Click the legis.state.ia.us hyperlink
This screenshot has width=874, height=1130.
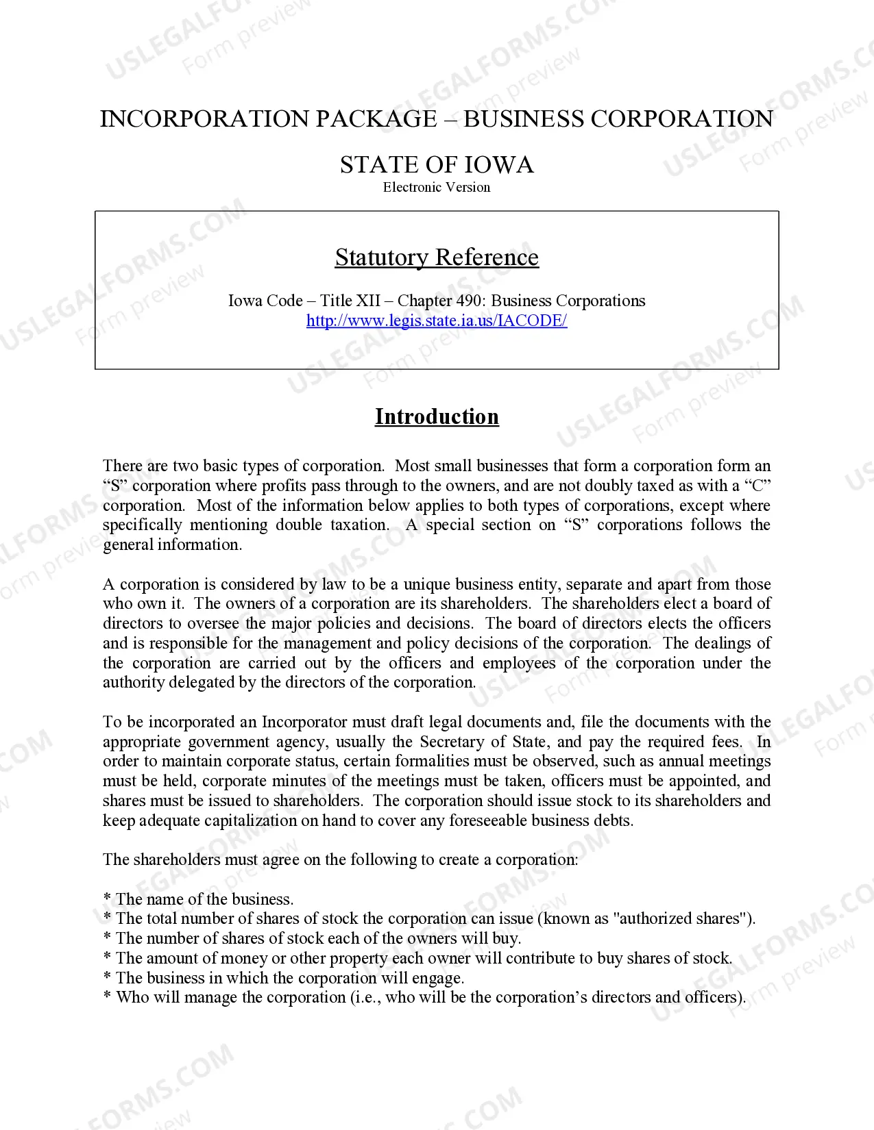point(437,321)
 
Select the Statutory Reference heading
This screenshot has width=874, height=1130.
point(437,258)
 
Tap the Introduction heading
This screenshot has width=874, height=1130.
point(437,416)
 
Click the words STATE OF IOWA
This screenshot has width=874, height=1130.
point(437,165)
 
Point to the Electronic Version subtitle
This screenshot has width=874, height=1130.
point(437,187)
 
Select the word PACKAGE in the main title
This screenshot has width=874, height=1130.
point(376,119)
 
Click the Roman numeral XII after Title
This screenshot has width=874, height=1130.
point(367,301)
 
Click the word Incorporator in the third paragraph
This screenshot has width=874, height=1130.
point(304,722)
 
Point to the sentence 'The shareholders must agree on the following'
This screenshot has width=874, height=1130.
point(341,859)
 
